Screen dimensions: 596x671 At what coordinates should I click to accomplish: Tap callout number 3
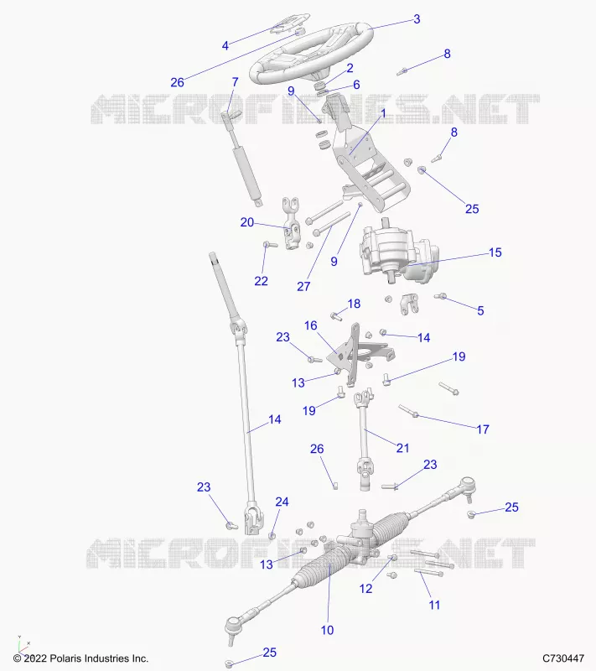coord(417,19)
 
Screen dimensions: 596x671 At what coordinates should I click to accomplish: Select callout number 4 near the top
coord(225,45)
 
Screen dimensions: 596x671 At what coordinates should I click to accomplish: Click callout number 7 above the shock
coord(235,81)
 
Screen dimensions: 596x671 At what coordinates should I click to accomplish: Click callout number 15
coord(495,252)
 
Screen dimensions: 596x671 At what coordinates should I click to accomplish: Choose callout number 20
coord(247,222)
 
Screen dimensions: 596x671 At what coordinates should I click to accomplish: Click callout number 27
coord(303,286)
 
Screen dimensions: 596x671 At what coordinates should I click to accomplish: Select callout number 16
coord(311,325)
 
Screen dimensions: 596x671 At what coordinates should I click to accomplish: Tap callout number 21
coord(402,448)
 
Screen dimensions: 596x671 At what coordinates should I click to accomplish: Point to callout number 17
coord(483,429)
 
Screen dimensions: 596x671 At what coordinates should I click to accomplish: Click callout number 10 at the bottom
coord(327,630)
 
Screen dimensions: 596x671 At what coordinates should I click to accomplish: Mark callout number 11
coord(434,605)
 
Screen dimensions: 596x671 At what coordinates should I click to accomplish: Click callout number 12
coord(366,589)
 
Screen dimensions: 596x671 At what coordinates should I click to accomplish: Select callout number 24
coord(282,502)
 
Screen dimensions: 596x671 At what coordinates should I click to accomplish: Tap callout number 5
coord(480,310)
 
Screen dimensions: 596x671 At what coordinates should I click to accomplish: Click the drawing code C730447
coord(563,658)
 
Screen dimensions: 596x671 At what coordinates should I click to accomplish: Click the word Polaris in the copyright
coord(65,658)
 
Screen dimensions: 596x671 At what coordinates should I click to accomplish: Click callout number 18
coord(354,304)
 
